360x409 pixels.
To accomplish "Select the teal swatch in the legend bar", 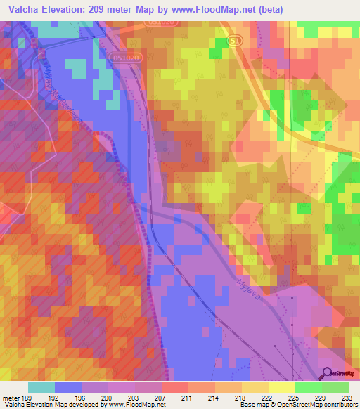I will point(41,387).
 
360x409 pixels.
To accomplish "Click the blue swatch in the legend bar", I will point(68,387).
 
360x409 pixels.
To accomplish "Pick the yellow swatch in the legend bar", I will point(281,387).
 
